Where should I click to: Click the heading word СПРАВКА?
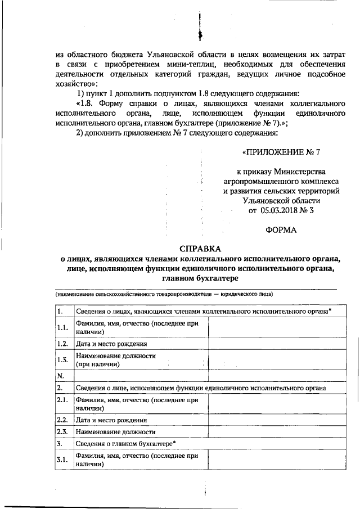201,249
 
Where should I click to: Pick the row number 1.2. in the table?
62,344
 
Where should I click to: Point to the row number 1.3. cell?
62,360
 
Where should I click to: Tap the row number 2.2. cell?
62,420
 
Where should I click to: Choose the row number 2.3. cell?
62,431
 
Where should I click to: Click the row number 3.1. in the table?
62,460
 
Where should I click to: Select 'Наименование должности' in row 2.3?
115,431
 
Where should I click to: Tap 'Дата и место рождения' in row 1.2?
111,344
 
